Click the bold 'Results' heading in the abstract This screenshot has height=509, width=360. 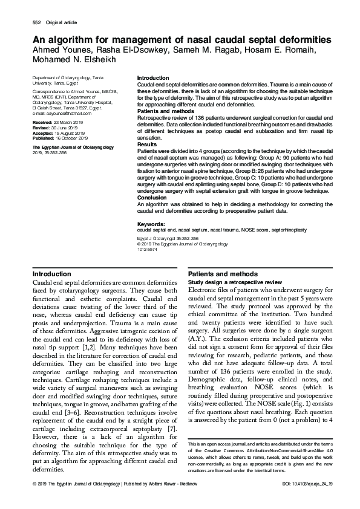click(146, 145)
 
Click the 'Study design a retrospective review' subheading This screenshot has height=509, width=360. click(235, 282)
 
